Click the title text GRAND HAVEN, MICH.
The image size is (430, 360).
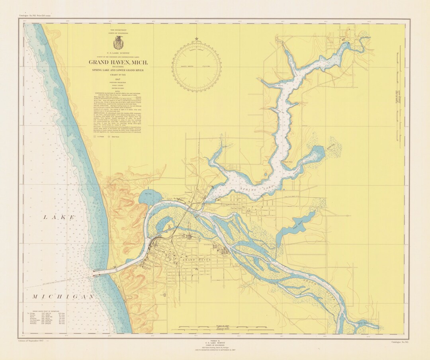pyautogui.click(x=118, y=63)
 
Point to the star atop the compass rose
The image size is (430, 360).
pyautogui.click(x=196, y=39)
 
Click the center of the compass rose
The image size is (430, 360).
pyautogui.click(x=196, y=67)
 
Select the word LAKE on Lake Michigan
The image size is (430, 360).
pyautogui.click(x=59, y=217)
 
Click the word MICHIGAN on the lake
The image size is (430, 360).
pyautogui.click(x=64, y=297)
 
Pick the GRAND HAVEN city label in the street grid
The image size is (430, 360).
pyautogui.click(x=195, y=259)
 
